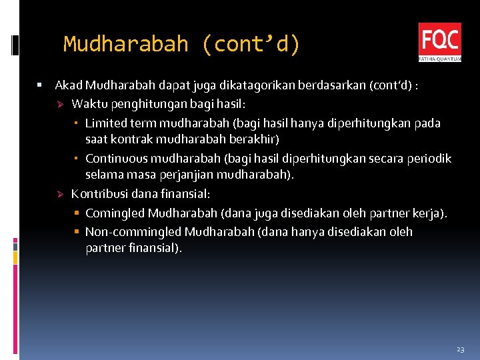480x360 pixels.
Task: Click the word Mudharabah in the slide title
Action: (126, 45)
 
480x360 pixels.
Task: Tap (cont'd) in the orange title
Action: (249, 45)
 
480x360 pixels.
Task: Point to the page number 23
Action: (460, 349)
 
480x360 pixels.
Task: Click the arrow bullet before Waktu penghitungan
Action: (59, 104)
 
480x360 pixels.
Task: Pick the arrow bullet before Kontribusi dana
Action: (59, 195)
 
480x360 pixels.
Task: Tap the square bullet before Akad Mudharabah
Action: (40, 85)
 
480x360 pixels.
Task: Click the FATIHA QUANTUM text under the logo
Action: (439, 59)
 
